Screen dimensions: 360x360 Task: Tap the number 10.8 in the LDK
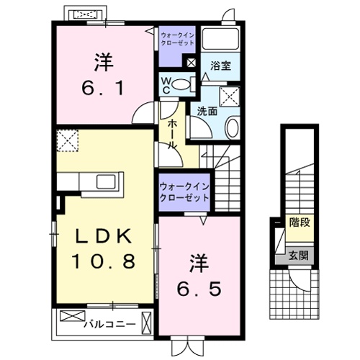102,261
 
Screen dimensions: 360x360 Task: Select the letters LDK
102,236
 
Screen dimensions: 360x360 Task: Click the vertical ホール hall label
173,135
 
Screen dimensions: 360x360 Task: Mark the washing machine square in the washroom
230,96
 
